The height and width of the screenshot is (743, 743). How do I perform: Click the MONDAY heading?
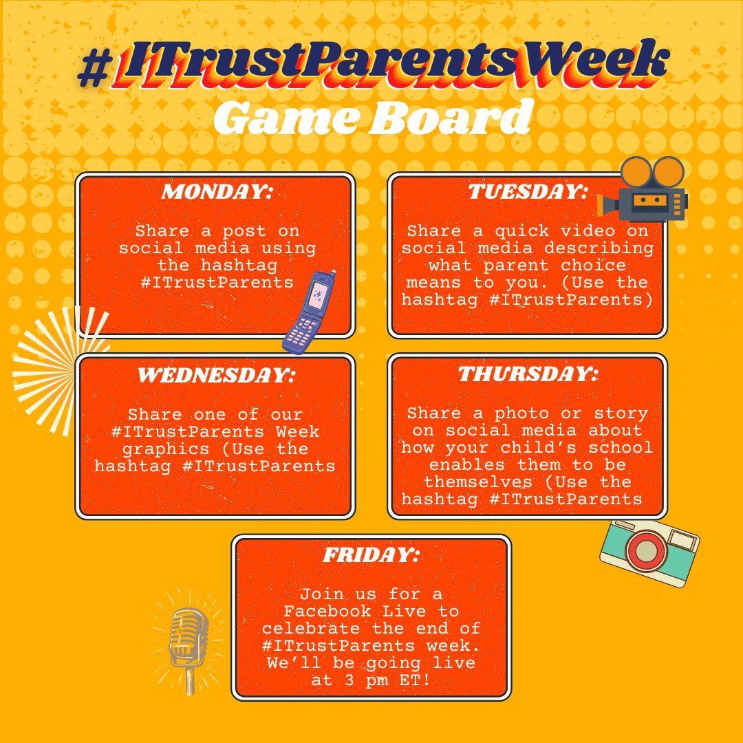coord(216,192)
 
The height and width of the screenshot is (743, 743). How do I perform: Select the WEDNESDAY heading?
coord(216,376)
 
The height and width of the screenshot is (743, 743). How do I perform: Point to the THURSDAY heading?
coord(528,374)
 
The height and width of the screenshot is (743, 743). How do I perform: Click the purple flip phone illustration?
coord(310,312)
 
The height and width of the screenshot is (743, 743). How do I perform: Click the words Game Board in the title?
coord(371,118)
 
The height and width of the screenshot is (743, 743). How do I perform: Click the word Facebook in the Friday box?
coord(327,611)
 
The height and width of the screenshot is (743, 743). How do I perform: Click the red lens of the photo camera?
coord(645,552)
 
